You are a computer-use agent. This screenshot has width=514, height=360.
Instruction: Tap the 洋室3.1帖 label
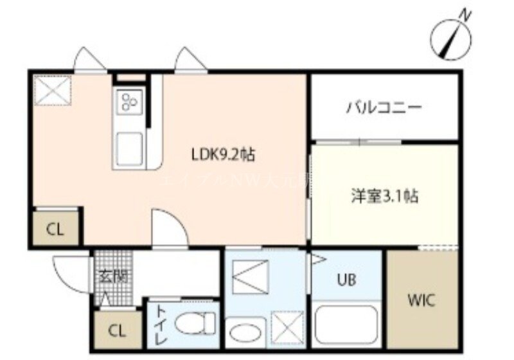pos(384,196)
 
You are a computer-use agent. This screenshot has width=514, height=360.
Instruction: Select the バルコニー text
pos(384,107)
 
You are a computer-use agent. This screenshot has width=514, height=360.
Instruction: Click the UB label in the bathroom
pos(348,280)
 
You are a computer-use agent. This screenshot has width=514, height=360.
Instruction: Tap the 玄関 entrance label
pos(112,277)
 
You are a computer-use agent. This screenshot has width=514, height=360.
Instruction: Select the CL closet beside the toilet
pos(116,332)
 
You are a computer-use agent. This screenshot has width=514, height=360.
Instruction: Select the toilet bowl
pos(195,323)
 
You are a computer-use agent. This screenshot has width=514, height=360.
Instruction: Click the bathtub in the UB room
pos(347,327)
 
